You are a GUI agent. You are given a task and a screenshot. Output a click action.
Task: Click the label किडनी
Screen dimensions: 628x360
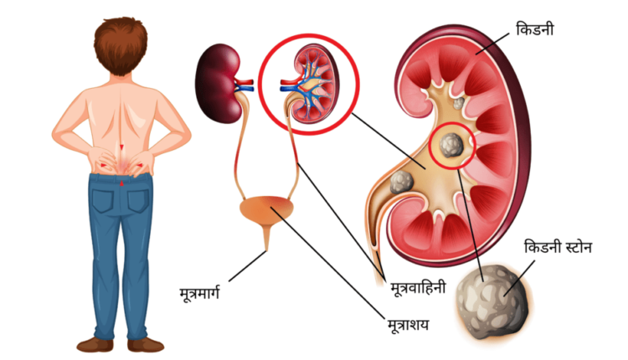tap(534, 29)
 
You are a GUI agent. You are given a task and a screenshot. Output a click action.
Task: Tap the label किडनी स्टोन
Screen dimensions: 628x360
tap(558, 247)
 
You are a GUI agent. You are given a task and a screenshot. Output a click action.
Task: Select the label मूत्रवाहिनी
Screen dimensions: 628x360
tap(418, 287)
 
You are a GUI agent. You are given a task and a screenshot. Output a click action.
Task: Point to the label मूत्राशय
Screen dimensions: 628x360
tap(408, 324)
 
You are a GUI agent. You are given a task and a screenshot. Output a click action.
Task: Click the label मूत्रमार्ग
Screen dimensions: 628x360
tap(199, 293)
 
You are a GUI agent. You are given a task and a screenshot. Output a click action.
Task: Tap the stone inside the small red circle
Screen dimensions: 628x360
tap(451, 145)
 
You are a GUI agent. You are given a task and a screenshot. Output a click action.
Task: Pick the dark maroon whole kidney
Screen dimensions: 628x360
tap(218, 83)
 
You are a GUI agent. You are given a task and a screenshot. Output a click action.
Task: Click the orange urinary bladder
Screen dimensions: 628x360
tap(266, 208)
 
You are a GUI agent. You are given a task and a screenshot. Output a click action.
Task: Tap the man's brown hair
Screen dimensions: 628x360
tap(121, 44)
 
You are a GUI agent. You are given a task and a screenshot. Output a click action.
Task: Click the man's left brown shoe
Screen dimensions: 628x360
tap(95, 345)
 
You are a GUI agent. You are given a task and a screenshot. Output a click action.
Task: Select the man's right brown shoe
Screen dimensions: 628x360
tap(146, 345)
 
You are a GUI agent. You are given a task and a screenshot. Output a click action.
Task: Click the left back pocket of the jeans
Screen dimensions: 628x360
tap(102, 200)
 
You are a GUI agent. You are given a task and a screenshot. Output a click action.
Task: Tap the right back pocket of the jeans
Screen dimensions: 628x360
tap(138, 200)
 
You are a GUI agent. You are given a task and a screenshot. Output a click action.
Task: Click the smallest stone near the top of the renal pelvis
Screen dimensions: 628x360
tap(458, 103)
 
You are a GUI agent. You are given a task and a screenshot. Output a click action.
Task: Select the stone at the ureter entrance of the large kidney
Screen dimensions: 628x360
tap(402, 182)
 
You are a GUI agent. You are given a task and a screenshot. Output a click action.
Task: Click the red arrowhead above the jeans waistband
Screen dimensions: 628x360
tap(121, 183)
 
